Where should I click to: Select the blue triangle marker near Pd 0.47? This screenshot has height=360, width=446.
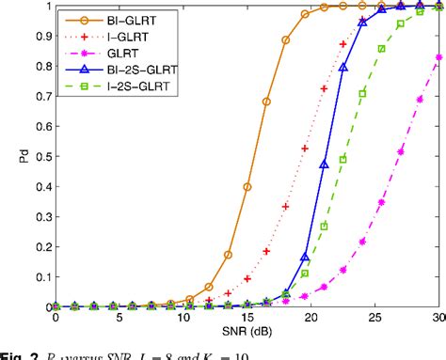pos(325,164)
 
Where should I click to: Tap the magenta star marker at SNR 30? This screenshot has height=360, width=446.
pos(439,57)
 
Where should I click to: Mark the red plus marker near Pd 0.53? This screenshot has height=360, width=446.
pos(305,149)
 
